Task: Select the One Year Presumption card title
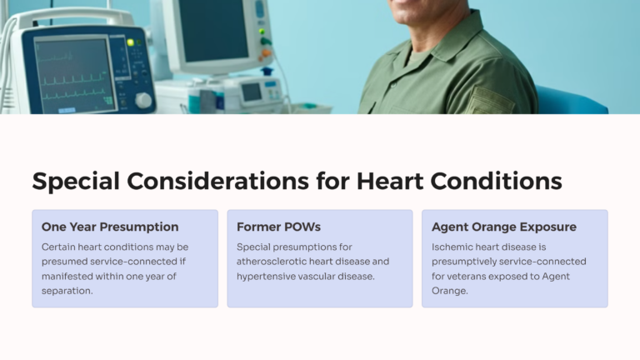coord(110,227)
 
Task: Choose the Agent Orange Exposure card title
coord(504,227)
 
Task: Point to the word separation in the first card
coord(67,291)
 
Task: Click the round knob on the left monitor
coord(143,100)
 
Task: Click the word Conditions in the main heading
coord(495,182)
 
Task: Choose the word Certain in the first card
coord(61,247)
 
